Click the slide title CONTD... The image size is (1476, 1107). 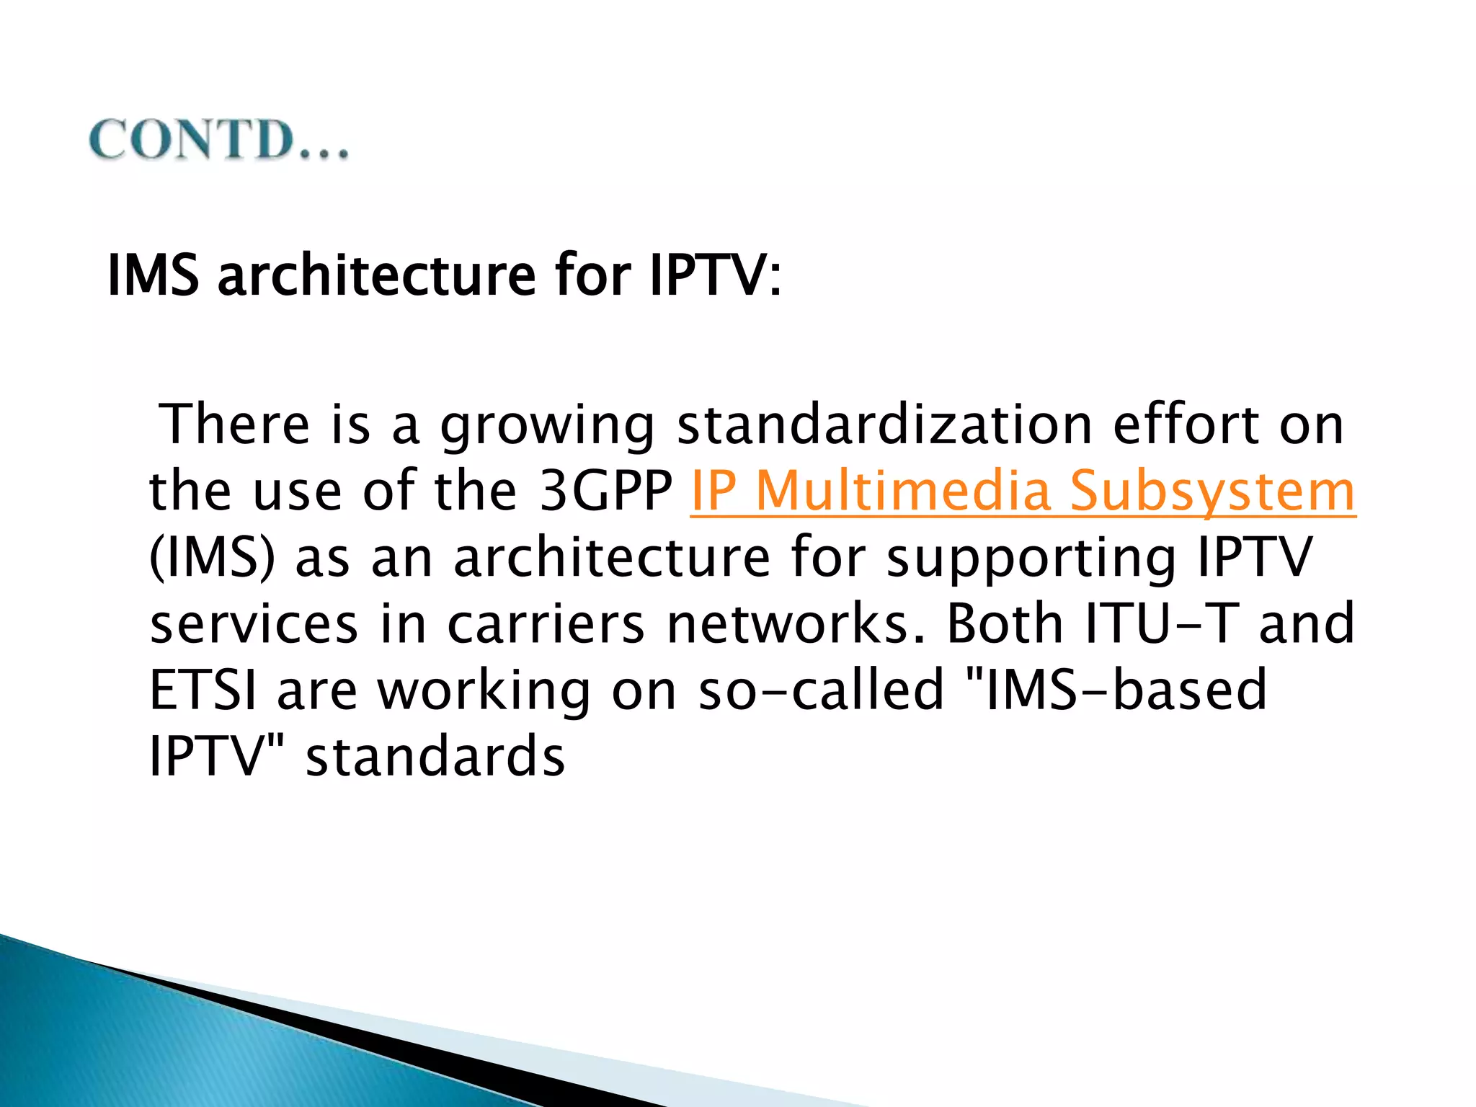[218, 140]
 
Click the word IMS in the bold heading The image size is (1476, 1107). [153, 275]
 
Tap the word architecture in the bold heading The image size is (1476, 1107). [376, 275]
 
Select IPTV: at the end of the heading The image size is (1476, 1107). [714, 275]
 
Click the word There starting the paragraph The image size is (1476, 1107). [234, 424]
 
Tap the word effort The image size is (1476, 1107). [1186, 424]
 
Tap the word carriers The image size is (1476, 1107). [546, 624]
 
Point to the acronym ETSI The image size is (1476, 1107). [203, 690]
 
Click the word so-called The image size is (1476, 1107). [821, 690]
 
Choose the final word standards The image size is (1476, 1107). [435, 757]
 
